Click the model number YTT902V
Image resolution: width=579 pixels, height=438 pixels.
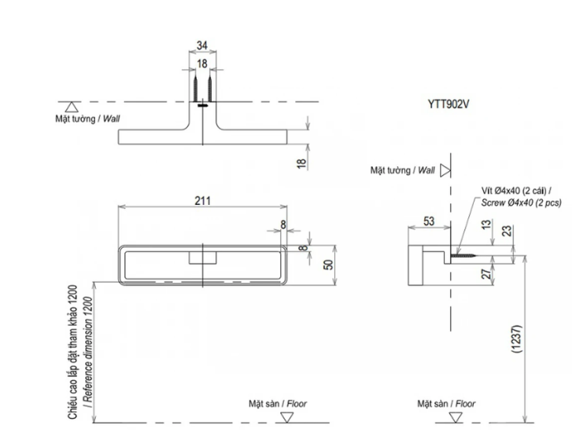click(x=448, y=104)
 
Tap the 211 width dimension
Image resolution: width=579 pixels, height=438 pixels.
click(x=203, y=201)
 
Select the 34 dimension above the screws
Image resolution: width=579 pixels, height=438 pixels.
click(x=202, y=45)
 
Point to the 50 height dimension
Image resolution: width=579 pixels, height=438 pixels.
click(x=328, y=265)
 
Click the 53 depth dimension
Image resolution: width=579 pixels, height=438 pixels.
click(x=428, y=221)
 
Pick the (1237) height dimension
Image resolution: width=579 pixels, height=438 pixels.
click(x=517, y=339)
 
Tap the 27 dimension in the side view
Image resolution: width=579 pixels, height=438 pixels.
click(x=487, y=274)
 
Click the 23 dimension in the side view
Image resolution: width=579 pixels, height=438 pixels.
click(x=507, y=231)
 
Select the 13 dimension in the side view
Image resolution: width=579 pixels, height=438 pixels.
click(x=486, y=225)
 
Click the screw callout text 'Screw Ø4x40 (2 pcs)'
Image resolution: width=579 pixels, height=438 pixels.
click(x=521, y=202)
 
